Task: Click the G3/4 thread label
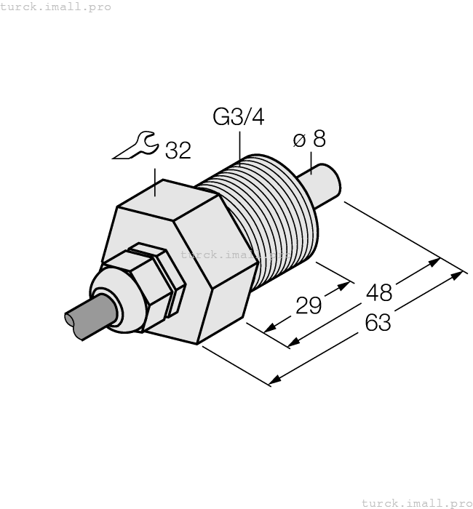pos(238,117)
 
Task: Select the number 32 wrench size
pos(178,151)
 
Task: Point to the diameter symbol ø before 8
pos(300,140)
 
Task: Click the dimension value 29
pos(309,305)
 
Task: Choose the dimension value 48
pos(378,292)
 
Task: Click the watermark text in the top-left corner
pos(56,7)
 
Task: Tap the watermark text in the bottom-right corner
pos(416,502)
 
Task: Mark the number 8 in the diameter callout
pos(319,140)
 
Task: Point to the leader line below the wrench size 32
pos(156,182)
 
